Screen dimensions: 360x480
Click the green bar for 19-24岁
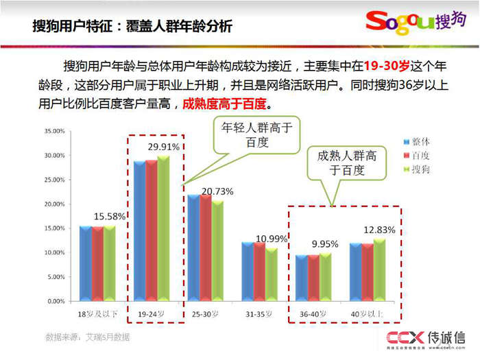click(163, 229)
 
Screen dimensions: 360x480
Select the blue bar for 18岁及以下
click(85, 263)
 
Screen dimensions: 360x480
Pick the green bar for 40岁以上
click(379, 270)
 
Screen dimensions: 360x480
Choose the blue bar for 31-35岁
click(248, 272)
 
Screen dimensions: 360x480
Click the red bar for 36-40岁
click(313, 278)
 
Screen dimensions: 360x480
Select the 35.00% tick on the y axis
click(54, 131)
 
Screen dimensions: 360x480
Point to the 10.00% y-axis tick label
click(54, 253)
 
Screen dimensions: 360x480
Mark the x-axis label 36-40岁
click(313, 313)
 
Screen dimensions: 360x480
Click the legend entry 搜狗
click(420, 169)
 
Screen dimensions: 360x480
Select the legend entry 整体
click(420, 141)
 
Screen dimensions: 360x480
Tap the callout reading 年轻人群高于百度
click(256, 134)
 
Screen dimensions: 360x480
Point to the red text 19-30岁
click(387, 67)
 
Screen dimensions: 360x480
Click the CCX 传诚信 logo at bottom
click(425, 338)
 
